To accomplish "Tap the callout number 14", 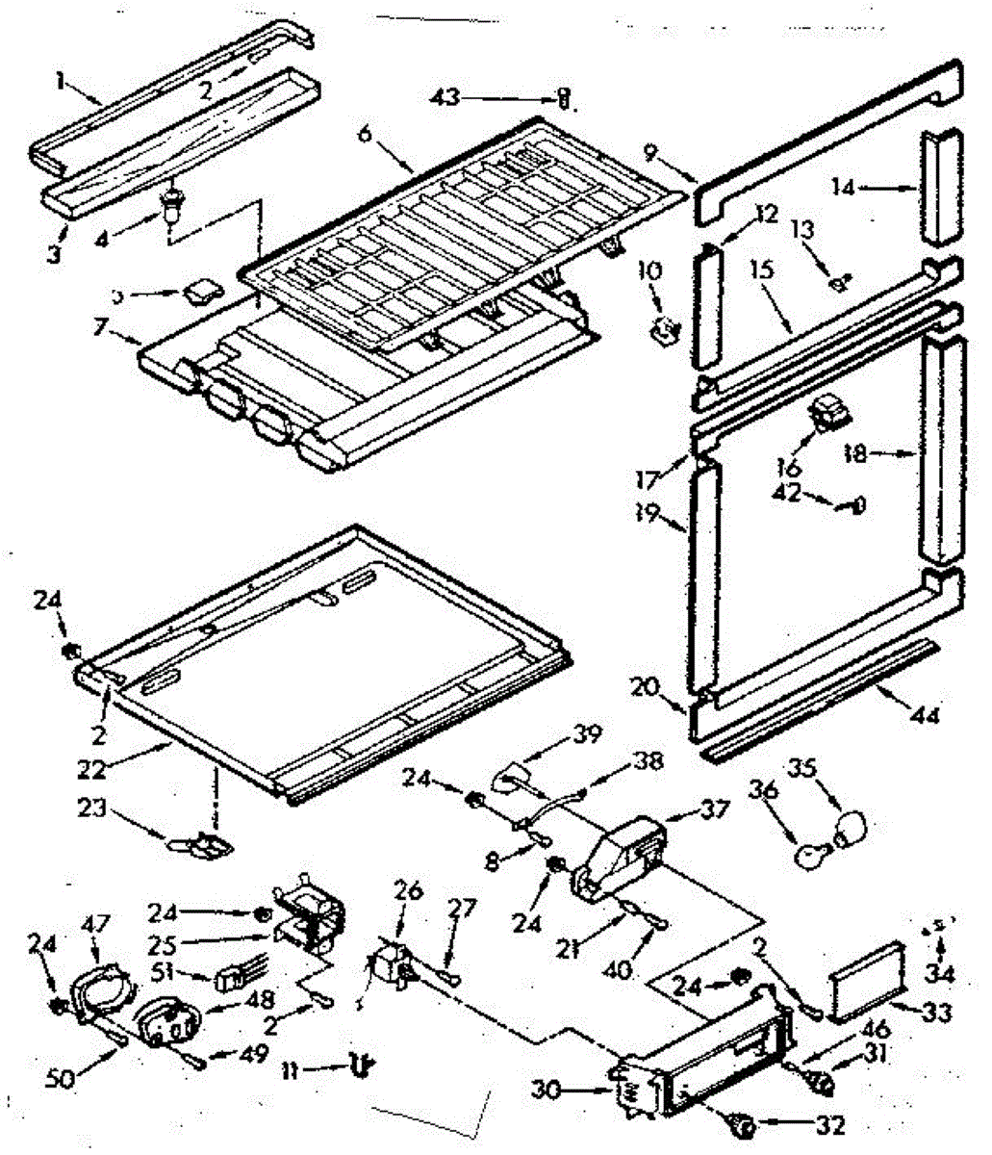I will [x=844, y=189].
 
